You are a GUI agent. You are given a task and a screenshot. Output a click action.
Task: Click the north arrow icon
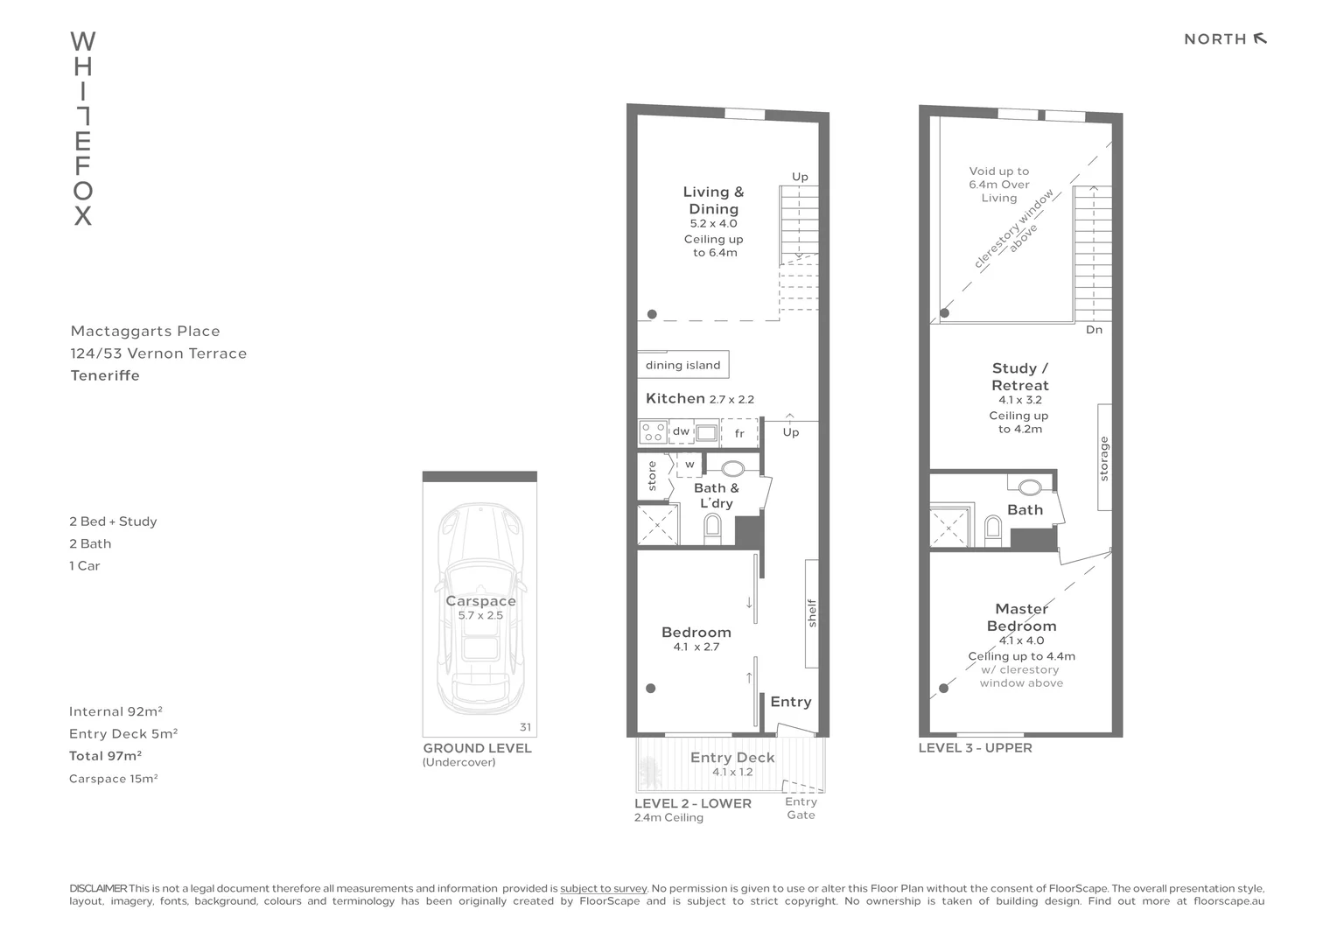click(x=1260, y=38)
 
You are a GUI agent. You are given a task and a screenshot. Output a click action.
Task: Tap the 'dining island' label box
click(x=682, y=365)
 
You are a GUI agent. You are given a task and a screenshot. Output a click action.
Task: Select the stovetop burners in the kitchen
click(x=652, y=431)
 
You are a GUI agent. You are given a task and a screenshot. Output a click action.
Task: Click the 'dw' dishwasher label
click(x=681, y=431)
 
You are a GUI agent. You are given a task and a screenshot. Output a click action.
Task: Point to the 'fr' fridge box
click(x=739, y=433)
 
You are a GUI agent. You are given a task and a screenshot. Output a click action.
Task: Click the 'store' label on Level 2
click(x=652, y=476)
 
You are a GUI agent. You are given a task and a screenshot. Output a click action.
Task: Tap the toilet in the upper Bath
click(x=992, y=528)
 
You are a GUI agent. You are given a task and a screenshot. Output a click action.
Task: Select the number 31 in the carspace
click(x=525, y=727)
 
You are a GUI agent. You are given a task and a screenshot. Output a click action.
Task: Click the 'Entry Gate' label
click(x=801, y=808)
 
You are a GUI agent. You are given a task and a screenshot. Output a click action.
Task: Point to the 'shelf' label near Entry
click(x=812, y=612)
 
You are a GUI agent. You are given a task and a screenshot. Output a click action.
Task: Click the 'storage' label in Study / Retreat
click(x=1104, y=458)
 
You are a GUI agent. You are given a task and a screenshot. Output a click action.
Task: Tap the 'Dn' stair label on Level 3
click(x=1094, y=330)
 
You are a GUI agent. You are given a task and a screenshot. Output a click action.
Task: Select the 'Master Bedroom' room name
click(x=1021, y=617)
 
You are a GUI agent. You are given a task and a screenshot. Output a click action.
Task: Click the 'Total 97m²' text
click(x=105, y=756)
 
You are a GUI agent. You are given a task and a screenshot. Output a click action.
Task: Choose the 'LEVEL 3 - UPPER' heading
click(x=975, y=748)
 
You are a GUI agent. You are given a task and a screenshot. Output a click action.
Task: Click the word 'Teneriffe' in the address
click(x=105, y=375)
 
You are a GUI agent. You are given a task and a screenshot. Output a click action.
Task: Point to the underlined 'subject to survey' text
click(x=603, y=888)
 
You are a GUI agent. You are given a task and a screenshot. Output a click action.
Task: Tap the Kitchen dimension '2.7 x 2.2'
click(x=731, y=399)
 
